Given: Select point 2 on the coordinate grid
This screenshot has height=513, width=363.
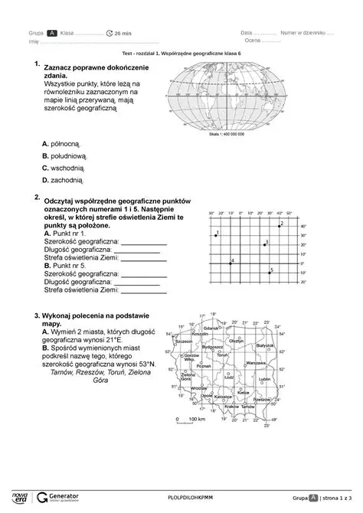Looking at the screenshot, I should pos(279,226).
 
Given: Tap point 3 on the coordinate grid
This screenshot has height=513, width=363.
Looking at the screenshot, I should pos(263,244).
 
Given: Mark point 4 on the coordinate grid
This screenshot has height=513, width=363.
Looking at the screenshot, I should pos(230,264).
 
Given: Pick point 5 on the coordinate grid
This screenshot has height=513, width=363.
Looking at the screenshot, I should pos(269,273).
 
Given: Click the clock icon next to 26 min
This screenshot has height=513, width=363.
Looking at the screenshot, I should pos(110,34).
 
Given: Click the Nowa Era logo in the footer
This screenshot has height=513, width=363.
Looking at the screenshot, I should pos(16,495).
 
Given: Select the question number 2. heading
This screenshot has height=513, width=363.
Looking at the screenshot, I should pos(37,197).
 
